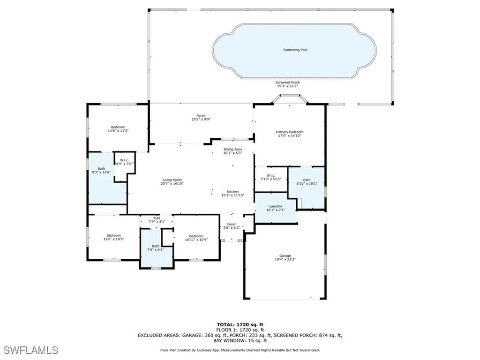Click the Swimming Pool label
click(x=295, y=50)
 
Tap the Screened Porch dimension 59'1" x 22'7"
click(x=288, y=86)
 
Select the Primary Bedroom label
click(x=289, y=132)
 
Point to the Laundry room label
click(x=275, y=206)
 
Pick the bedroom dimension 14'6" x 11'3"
click(x=118, y=131)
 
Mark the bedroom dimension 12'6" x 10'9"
click(x=113, y=239)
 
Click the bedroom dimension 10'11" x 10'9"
click(x=196, y=240)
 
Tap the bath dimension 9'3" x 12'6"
click(x=101, y=172)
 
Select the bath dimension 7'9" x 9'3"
click(x=155, y=249)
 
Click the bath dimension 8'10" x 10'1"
click(x=307, y=184)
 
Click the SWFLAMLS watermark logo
click(x=30, y=350)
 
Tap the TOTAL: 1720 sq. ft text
click(x=240, y=324)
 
